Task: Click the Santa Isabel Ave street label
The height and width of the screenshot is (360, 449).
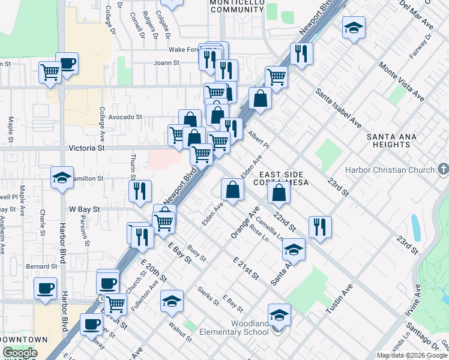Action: pos(339,109)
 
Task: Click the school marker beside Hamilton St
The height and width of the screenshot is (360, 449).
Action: pos(62,178)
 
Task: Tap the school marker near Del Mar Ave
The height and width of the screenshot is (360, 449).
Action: pos(354,28)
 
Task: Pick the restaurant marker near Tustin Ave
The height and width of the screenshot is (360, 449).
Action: pos(320,227)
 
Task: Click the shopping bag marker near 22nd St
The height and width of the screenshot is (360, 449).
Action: pos(279,192)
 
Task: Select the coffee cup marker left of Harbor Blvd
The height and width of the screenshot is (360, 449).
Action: pos(45,288)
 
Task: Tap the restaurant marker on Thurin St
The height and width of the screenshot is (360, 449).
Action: pos(139,191)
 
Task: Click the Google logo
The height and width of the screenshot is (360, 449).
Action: pos(20,353)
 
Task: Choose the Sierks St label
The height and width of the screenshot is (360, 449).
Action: pos(208,295)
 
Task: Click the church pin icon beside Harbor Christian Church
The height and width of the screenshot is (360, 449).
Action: pos(443,170)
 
